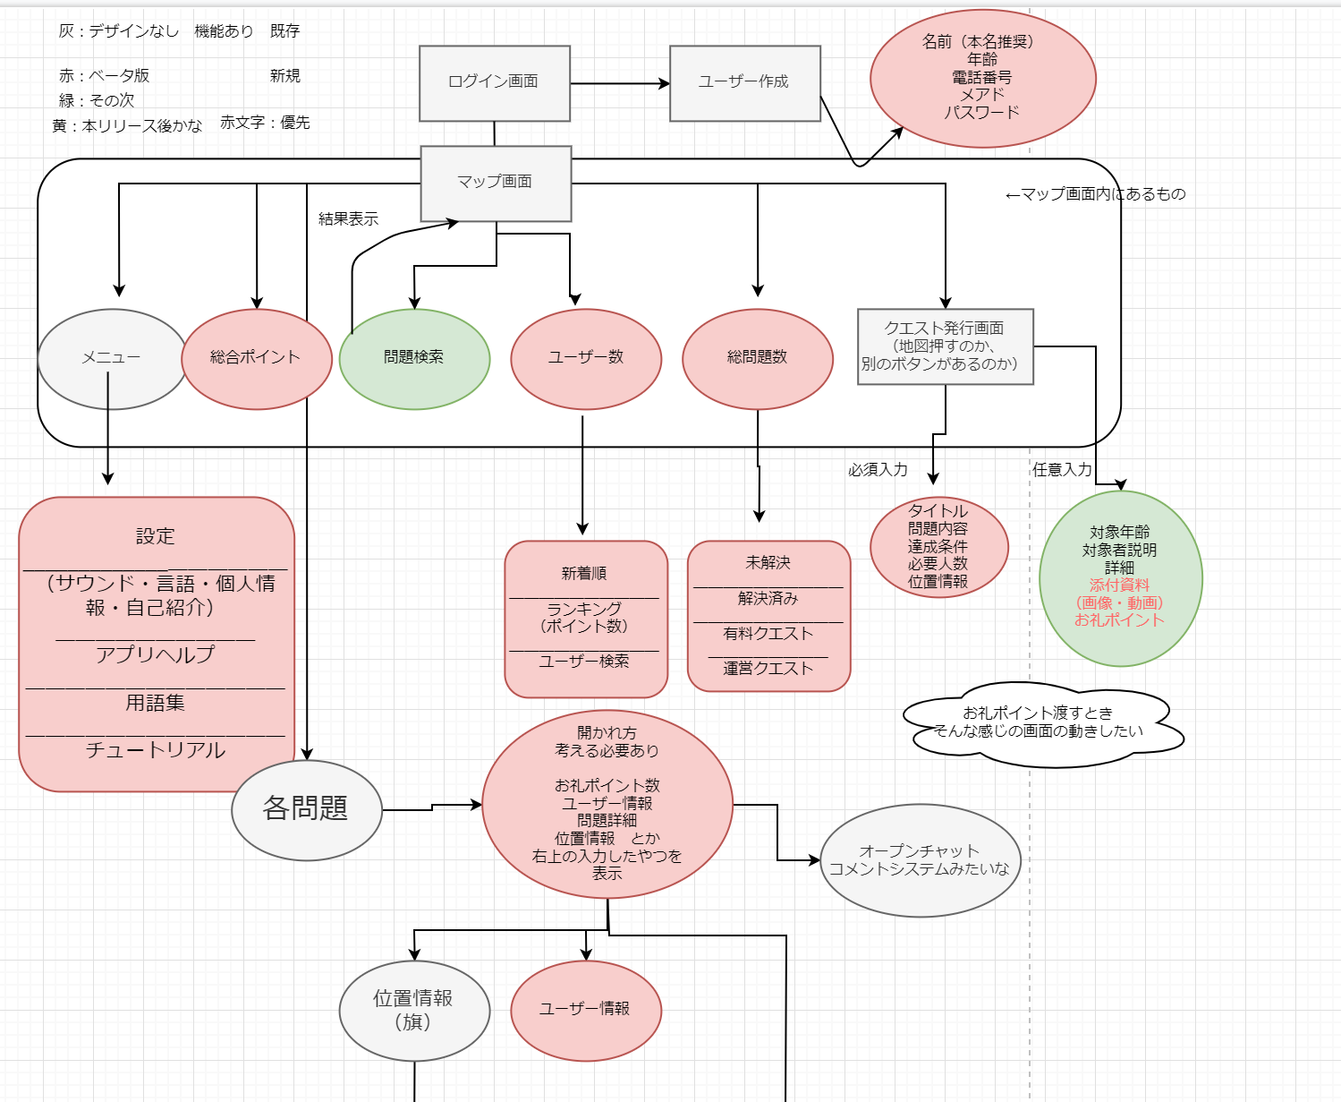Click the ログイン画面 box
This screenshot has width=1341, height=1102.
pos(494,82)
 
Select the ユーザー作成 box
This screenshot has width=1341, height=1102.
pos(744,82)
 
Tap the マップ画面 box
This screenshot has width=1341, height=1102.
pos(496,183)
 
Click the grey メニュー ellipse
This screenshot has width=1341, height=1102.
pos(111,358)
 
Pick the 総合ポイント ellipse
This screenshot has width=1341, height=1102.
pos(256,358)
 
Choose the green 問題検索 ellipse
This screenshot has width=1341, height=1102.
pos(414,358)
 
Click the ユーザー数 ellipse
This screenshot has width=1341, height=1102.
pos(586,358)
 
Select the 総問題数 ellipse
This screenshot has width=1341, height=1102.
pos(757,358)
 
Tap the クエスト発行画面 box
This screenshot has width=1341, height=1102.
pos(945,346)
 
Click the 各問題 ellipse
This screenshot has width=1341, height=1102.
pos(306,809)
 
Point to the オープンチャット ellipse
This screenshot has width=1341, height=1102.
pos(920,860)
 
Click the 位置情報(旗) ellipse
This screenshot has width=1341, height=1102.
pos(413,1010)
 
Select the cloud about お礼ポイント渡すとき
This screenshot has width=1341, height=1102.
pos(1040,723)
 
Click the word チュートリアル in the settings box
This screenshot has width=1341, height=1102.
pos(156,750)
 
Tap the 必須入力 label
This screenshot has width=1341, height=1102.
pos(878,470)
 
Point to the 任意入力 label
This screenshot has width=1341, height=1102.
pos(1062,470)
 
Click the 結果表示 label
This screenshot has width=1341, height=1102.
pos(348,219)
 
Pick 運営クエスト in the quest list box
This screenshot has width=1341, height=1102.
pos(768,669)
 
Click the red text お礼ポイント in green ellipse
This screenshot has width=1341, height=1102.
pos(1119,620)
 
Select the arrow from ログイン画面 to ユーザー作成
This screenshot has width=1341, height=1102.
pos(619,84)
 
